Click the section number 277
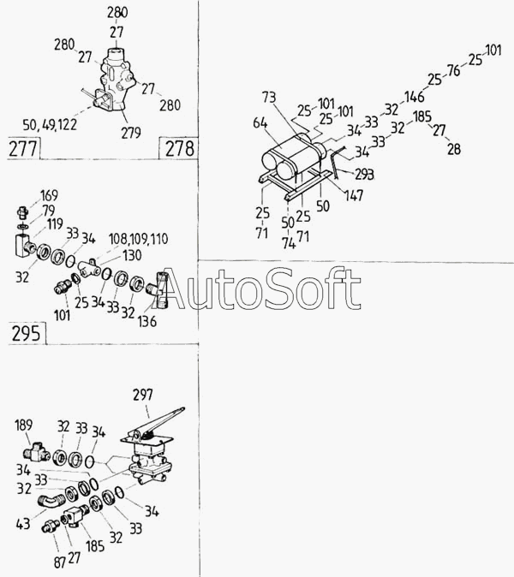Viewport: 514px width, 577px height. [23, 149]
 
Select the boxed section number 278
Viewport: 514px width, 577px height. [179, 149]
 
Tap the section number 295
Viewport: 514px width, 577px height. [26, 333]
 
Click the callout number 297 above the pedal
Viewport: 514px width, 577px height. [143, 395]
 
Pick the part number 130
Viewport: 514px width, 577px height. [132, 255]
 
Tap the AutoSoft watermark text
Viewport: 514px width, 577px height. [260, 289]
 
